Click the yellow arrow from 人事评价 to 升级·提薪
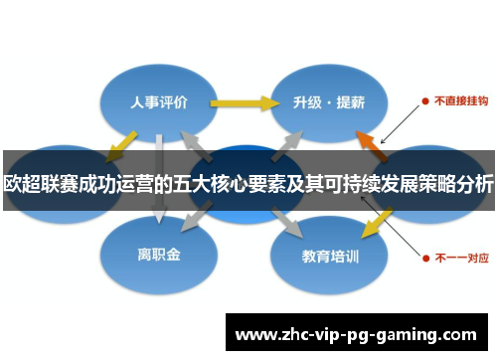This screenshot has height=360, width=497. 244,101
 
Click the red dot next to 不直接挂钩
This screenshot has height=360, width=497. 424,100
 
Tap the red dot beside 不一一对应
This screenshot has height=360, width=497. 424,256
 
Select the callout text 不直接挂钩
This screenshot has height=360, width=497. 458,100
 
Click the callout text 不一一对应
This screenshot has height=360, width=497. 458,256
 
